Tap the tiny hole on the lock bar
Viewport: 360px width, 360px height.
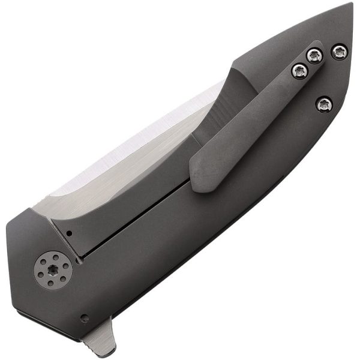(70, 233)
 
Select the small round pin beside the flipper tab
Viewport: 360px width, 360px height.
(85, 318)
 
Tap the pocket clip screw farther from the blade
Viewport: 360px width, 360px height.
(315, 56)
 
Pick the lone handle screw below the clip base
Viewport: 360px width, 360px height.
(324, 104)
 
